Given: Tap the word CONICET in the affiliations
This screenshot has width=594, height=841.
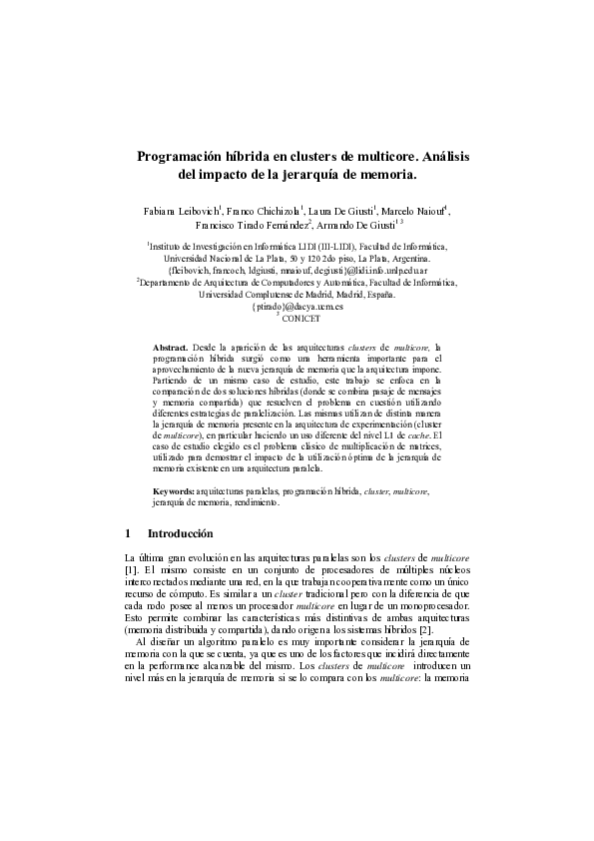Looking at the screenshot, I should (300, 318).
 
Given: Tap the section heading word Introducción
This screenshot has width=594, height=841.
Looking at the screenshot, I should (181, 534).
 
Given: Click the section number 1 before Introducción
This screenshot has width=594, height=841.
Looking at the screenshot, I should (124, 534).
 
